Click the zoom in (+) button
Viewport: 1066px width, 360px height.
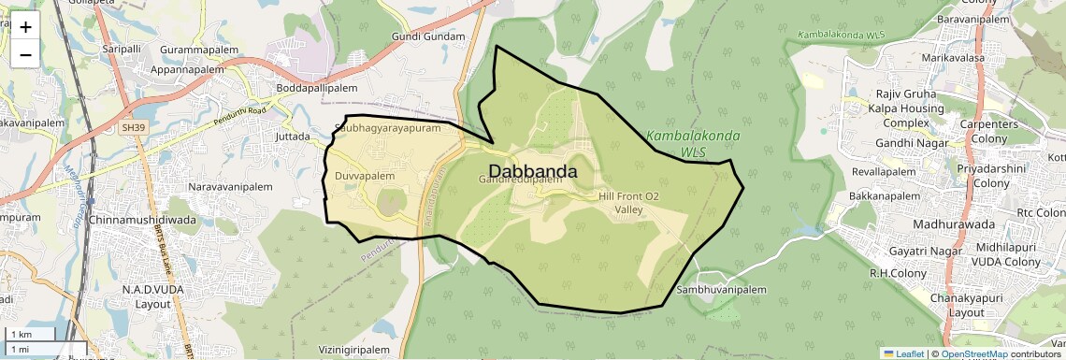coord(25,27)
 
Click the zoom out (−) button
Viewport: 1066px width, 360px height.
coord(25,54)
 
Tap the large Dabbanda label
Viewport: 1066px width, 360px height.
coord(532,172)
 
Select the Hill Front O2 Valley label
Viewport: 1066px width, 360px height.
coord(628,203)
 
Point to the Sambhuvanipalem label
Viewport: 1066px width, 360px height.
coord(721,290)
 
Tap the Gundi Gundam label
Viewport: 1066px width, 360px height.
coord(428,36)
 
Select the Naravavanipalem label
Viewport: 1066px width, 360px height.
coord(230,187)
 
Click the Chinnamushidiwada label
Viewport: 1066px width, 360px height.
coord(142,220)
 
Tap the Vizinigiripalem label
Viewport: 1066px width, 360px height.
coord(353,350)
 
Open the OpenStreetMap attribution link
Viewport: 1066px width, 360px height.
coord(974,354)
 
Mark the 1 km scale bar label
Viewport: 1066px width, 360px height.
coord(22,335)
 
